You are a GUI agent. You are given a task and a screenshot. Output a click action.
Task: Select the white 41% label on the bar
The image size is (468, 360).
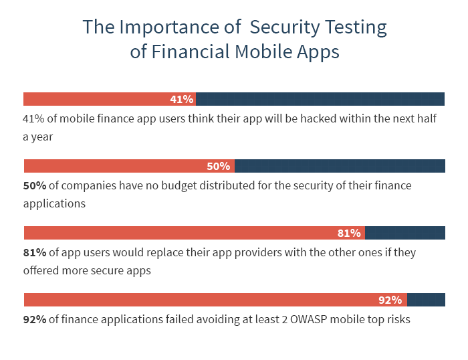[x=181, y=99]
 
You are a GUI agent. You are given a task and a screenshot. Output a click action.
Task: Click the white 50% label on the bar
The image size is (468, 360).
[x=218, y=166]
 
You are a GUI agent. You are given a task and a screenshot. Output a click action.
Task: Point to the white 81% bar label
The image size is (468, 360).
[x=349, y=233]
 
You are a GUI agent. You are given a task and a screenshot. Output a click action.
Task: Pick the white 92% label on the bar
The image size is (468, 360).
[x=390, y=300]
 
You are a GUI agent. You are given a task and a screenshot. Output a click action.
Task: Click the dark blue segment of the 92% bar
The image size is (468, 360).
[x=427, y=300]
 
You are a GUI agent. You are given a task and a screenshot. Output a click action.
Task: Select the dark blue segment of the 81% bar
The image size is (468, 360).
[x=405, y=233]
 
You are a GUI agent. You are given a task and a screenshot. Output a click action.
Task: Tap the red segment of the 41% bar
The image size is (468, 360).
[x=110, y=99]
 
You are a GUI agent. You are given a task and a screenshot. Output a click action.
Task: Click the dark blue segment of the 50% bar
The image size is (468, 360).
[x=340, y=166]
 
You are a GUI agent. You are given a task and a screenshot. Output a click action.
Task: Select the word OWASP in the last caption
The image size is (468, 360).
[x=309, y=319]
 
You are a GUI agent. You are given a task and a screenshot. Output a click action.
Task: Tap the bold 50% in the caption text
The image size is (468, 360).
[x=35, y=186]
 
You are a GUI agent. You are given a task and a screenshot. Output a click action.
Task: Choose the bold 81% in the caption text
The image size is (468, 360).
[x=35, y=253]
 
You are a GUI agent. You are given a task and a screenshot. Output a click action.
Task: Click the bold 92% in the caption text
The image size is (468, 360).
[x=35, y=320]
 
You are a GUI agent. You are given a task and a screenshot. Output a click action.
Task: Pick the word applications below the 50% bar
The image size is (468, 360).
[x=54, y=204]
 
